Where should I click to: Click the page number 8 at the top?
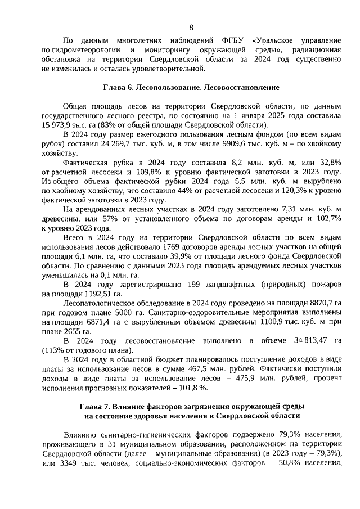coord(191,28)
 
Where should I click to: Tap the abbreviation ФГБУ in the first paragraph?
coord(231,41)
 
